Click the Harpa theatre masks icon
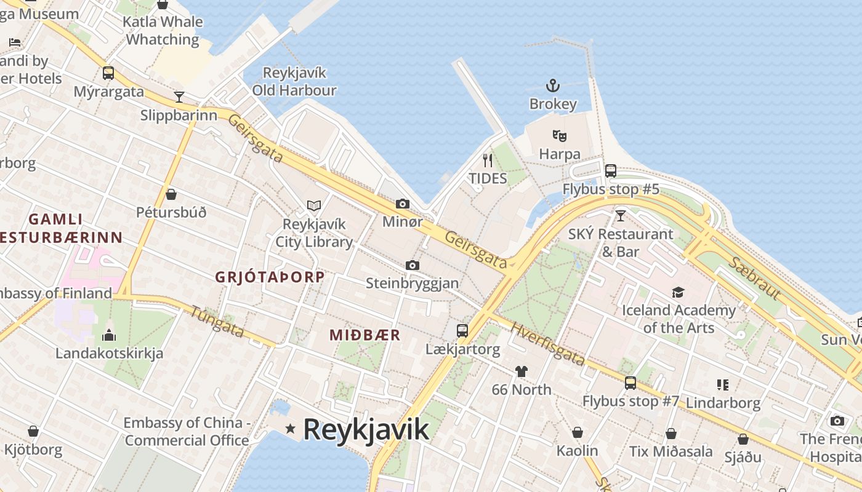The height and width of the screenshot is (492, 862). click(559, 135)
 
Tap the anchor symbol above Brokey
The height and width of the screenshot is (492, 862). click(553, 85)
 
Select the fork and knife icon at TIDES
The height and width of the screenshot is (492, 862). click(488, 161)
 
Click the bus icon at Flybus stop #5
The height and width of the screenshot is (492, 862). click(610, 171)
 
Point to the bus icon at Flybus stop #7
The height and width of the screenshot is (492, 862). click(630, 383)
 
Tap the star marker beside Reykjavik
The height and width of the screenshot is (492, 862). click(290, 428)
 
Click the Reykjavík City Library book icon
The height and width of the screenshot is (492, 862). click(314, 205)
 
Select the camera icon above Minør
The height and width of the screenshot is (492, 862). click(402, 204)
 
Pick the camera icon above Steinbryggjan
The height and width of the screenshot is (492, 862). click(412, 265)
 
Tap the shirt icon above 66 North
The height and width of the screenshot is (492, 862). click(522, 371)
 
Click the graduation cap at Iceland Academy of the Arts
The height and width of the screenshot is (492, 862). click(678, 292)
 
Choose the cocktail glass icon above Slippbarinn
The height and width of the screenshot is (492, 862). click(179, 97)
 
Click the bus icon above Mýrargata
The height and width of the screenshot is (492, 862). click(108, 73)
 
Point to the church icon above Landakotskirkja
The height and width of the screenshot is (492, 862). click(109, 335)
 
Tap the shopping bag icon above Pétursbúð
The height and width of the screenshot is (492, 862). click(171, 194)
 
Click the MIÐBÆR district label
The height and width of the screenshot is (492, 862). click(365, 335)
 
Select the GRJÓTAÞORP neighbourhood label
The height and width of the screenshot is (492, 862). click(269, 277)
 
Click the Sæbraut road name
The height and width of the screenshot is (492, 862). click(754, 279)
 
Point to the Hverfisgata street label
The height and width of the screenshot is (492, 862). click(547, 344)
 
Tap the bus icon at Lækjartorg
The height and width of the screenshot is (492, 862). click(462, 331)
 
